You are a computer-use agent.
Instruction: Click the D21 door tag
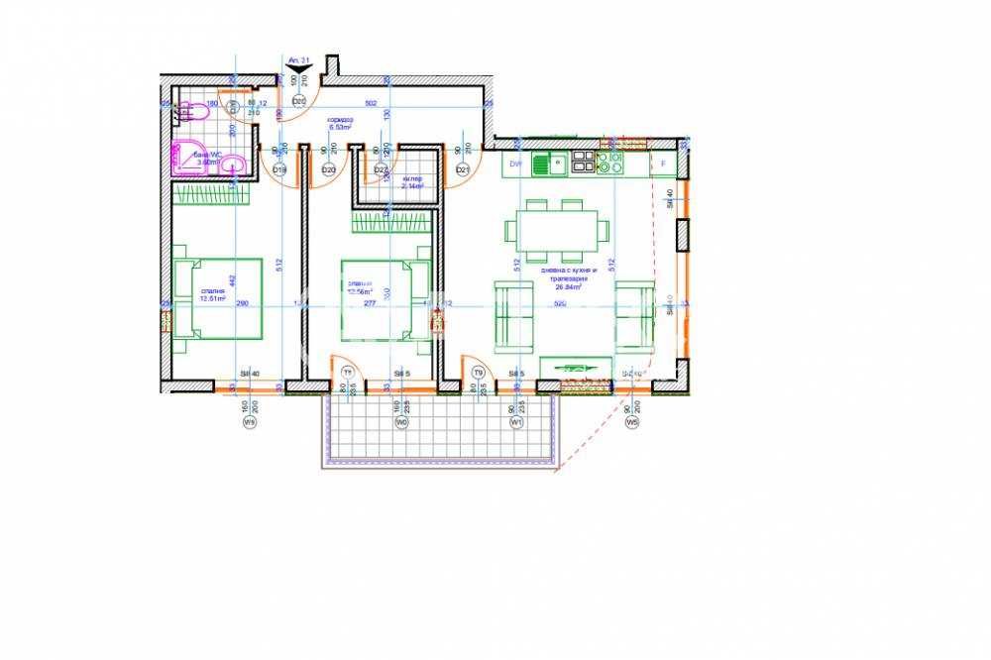[462, 170]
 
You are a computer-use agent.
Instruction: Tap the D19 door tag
[278, 170]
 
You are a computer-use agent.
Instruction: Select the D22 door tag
[381, 170]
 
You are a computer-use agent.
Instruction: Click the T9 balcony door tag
[479, 373]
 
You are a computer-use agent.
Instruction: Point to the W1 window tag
[515, 422]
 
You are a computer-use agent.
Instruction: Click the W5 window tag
[631, 422]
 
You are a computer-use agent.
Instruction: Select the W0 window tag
[401, 422]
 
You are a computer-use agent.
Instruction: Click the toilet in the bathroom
[232, 165]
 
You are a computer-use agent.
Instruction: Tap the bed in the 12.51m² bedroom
[218, 298]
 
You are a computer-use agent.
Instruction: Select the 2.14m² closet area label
[412, 182]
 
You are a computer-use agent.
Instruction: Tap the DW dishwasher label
[516, 164]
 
